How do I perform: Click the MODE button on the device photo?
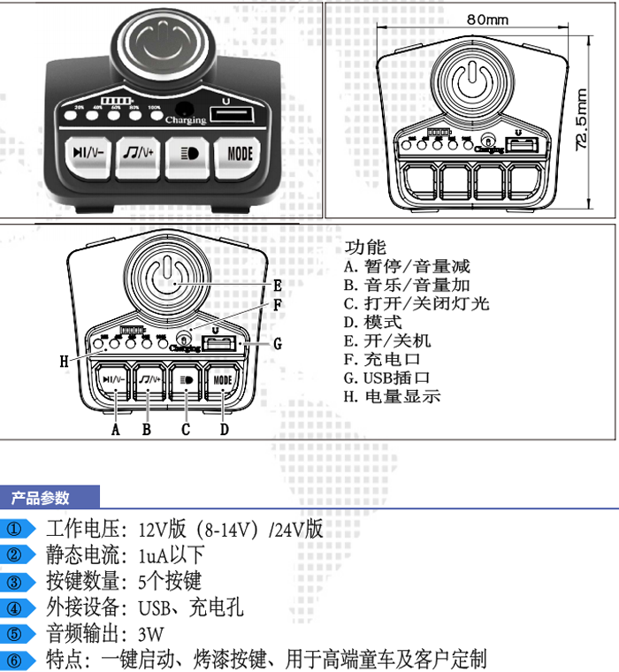click(240, 154)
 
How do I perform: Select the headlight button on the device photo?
click(189, 154)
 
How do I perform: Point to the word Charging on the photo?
click(187, 120)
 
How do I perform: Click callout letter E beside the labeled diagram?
click(277, 286)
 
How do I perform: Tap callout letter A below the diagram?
click(115, 430)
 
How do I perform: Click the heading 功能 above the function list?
click(365, 248)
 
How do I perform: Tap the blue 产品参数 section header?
click(40, 498)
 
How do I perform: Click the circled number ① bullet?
click(15, 530)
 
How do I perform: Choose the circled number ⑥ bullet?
click(15, 659)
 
